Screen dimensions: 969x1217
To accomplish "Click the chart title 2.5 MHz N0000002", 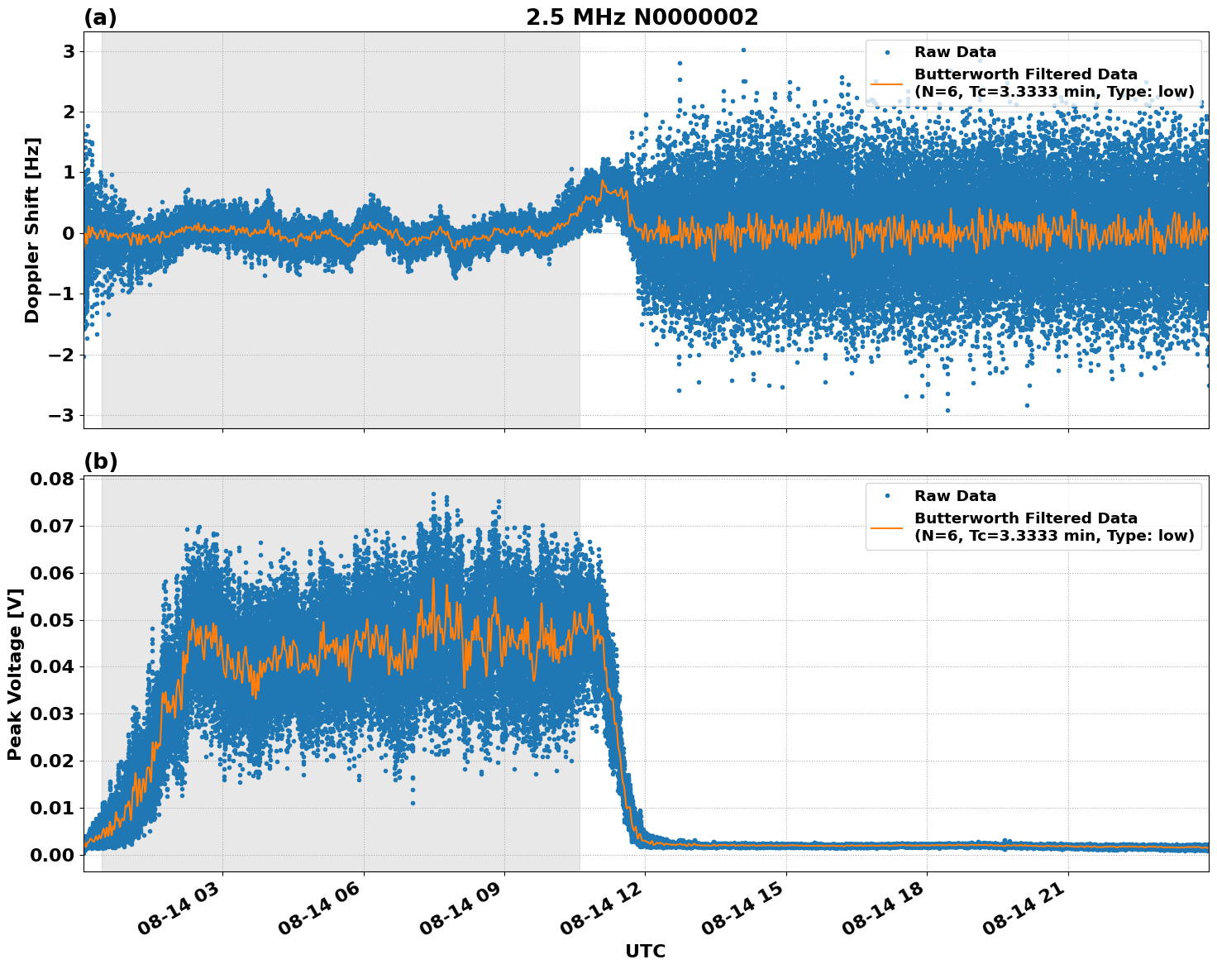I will point(642,17).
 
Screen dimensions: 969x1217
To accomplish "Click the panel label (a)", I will point(100,17).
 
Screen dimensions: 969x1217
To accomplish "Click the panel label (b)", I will point(100,461).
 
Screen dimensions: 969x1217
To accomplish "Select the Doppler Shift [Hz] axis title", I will point(32,230).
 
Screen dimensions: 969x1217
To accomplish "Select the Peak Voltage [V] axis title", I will point(14,674).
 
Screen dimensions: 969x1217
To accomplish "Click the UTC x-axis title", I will point(645,951).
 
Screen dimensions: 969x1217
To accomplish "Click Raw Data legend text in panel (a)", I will point(955,52).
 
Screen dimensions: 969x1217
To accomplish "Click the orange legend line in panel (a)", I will point(886,83).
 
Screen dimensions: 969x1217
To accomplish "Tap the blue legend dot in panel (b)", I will point(886,496).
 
